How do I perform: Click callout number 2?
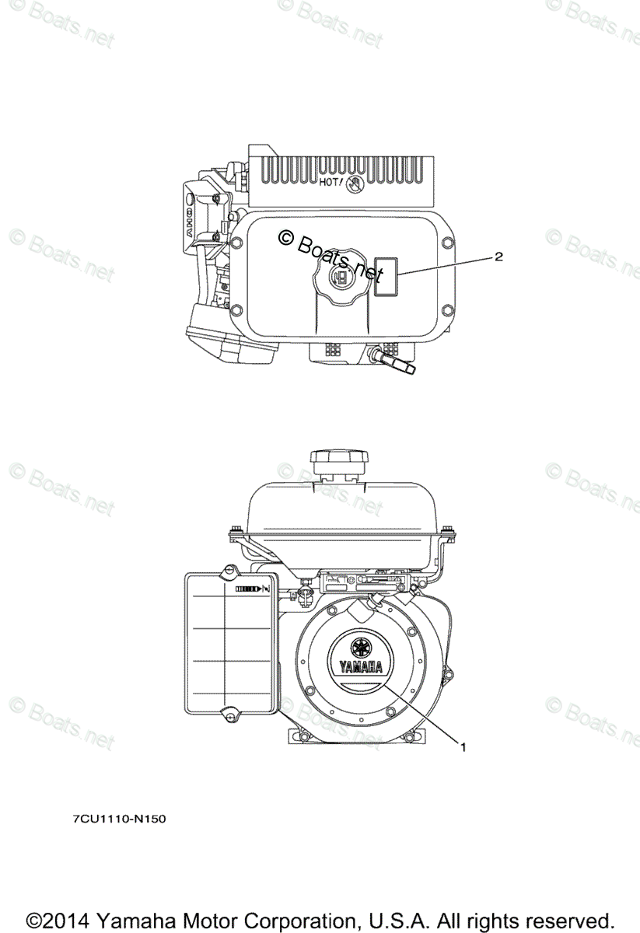(498, 257)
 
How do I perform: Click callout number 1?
(463, 748)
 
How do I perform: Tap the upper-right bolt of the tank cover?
(446, 238)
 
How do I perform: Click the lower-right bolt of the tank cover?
(446, 311)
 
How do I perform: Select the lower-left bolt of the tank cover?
(237, 311)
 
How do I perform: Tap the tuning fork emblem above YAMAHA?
(360, 646)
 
